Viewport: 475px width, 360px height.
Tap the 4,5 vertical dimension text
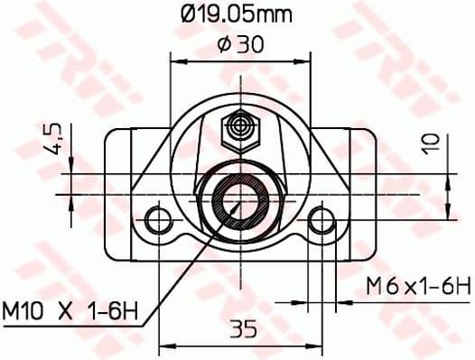click(53, 140)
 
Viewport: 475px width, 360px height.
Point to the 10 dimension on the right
click(432, 143)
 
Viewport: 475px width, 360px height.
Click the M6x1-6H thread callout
click(418, 287)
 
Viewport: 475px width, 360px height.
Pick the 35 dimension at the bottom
click(239, 329)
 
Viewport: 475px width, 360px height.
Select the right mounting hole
click(320, 219)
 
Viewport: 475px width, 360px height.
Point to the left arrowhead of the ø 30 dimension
click(177, 62)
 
